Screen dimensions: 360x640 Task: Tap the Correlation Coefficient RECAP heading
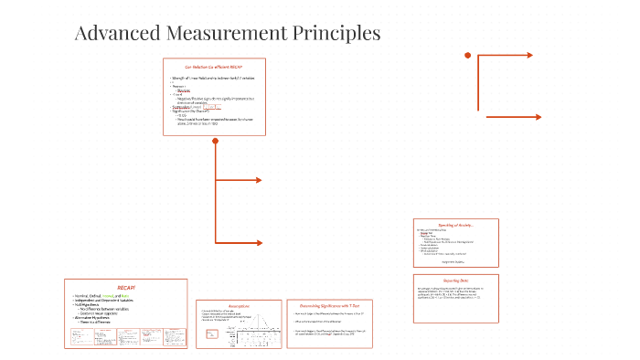pyautogui.click(x=214, y=68)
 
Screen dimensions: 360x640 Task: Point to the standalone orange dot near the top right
pyautogui.click(x=467, y=56)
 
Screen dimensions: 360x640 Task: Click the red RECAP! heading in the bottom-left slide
pyautogui.click(x=125, y=287)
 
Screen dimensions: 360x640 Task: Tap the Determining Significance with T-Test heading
pyautogui.click(x=329, y=305)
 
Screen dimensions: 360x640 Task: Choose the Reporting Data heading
pyautogui.click(x=456, y=281)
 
